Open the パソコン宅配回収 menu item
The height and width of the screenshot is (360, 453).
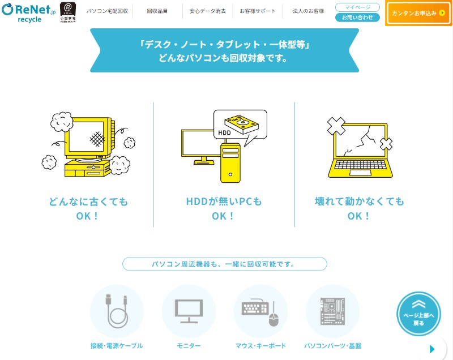pyautogui.click(x=107, y=11)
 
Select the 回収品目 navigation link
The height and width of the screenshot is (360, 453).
pyautogui.click(x=157, y=11)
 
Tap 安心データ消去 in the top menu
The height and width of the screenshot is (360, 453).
pyautogui.click(x=207, y=11)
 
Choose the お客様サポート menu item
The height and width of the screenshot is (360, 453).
pyautogui.click(x=258, y=11)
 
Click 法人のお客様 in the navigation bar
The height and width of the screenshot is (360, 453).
pyautogui.click(x=308, y=11)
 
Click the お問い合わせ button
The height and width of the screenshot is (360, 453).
pyautogui.click(x=357, y=18)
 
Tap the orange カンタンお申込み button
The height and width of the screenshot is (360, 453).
pyautogui.click(x=418, y=13)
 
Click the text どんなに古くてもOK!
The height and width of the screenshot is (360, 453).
pyautogui.click(x=88, y=208)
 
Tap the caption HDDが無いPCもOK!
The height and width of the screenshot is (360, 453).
pyautogui.click(x=224, y=208)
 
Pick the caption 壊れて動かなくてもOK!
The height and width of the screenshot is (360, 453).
pyautogui.click(x=360, y=208)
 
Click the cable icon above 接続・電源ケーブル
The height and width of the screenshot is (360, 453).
pyautogui.click(x=117, y=311)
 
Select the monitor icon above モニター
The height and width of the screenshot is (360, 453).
pyautogui.click(x=189, y=311)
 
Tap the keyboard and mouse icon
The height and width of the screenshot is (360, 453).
pyautogui.click(x=260, y=311)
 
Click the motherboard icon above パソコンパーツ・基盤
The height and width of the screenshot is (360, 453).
pyautogui.click(x=332, y=311)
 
